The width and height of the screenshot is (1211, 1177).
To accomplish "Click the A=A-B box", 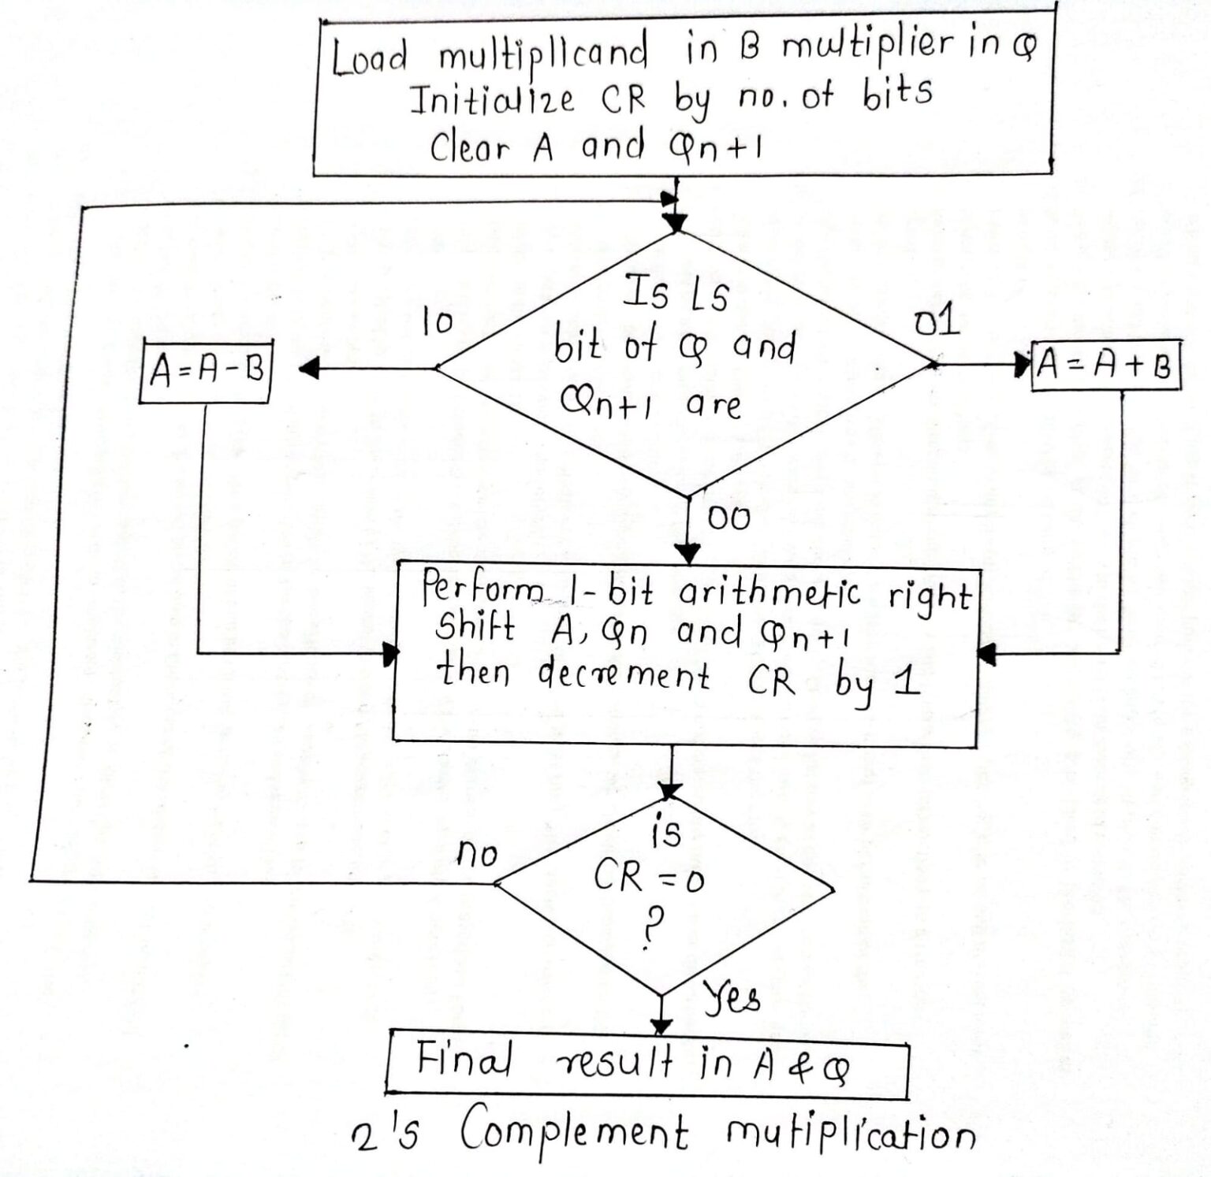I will coord(205,371).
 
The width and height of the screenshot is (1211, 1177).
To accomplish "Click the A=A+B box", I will coord(1105,366).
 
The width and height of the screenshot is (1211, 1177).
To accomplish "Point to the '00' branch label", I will coord(728,518).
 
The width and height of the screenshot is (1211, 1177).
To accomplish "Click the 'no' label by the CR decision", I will coord(476,854).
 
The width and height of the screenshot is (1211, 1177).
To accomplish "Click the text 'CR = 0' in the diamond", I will coord(648,876).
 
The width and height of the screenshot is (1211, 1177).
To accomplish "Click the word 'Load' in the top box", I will coord(369,58).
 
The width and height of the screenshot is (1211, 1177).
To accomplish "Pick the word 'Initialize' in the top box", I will coord(492,101).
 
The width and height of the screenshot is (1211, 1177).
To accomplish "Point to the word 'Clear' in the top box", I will coord(470,147).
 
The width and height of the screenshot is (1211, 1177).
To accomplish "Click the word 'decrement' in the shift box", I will coord(624,675).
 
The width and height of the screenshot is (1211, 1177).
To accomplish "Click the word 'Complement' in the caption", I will coord(574,1133).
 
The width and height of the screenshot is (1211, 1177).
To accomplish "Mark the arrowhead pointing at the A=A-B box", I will coord(308,368).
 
